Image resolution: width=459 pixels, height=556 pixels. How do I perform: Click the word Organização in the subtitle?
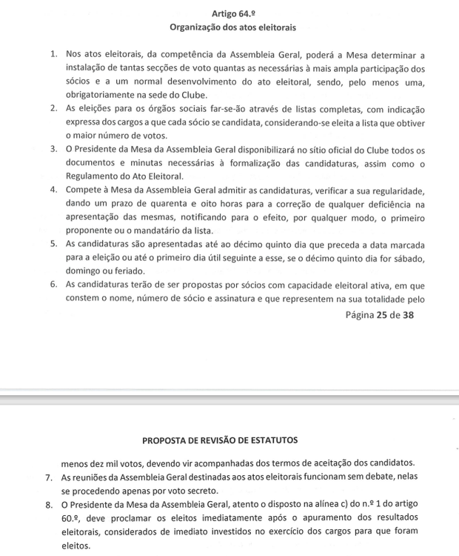pyautogui.click(x=197, y=28)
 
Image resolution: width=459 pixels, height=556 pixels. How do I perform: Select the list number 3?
pyautogui.click(x=55, y=149)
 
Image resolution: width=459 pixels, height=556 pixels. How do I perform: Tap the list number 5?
pyautogui.click(x=55, y=242)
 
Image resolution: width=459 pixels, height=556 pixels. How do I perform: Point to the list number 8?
pyautogui.click(x=50, y=505)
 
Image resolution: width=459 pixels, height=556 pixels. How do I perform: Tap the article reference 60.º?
pyautogui.click(x=73, y=518)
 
